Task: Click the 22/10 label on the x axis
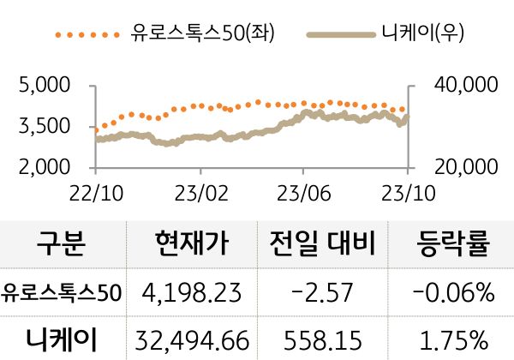pyautogui.click(x=96, y=193)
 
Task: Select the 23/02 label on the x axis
pyautogui.click(x=200, y=193)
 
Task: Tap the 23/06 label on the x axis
pyautogui.click(x=305, y=193)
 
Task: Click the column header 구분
pyautogui.click(x=62, y=245)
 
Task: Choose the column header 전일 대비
pyautogui.click(x=322, y=245)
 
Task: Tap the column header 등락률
pyautogui.click(x=453, y=245)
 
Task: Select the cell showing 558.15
pyautogui.click(x=322, y=340)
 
